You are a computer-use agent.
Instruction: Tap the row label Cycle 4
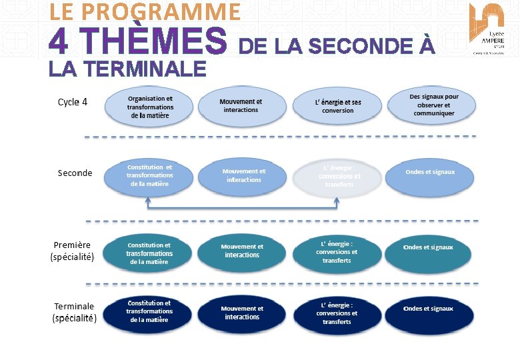coord(73,102)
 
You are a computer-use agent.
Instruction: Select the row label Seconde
coord(75,173)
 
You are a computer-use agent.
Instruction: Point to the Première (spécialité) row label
coord(73,251)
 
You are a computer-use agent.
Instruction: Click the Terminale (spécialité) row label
coord(75,312)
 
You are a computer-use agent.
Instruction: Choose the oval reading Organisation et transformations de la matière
coord(150,107)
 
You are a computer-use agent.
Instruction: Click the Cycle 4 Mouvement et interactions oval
coord(241,106)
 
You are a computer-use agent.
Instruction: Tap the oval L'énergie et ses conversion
coord(338,107)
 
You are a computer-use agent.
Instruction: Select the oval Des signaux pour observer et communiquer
coord(433,105)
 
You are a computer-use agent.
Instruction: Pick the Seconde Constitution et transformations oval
coord(149,176)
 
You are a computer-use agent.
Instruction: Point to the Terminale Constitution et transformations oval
coord(149,312)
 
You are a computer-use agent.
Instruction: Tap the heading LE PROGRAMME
coord(145,11)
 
